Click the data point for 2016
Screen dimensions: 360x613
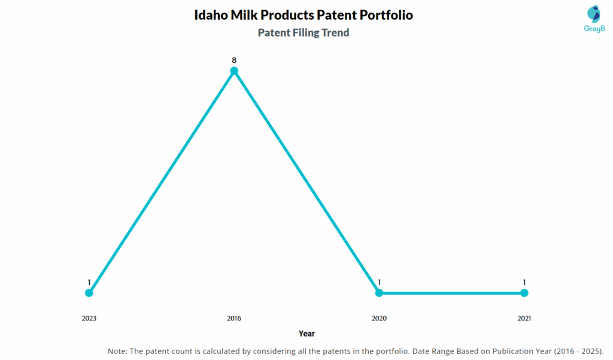click(234, 71)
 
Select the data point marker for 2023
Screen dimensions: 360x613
click(89, 293)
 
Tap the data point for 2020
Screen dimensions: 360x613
click(379, 293)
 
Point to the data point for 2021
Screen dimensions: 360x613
click(524, 293)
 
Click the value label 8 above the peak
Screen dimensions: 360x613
click(234, 60)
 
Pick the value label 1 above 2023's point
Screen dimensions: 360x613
click(89, 282)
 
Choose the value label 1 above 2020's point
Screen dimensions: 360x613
click(379, 282)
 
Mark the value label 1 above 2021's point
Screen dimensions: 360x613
click(524, 282)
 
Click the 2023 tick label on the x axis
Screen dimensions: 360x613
click(89, 319)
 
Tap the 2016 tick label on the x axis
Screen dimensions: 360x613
click(234, 319)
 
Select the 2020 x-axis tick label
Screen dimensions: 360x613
click(379, 319)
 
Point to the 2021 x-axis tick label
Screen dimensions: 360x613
click(524, 319)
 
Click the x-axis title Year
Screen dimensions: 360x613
click(306, 334)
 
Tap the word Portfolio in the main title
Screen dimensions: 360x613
click(385, 15)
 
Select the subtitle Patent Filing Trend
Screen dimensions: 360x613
click(304, 33)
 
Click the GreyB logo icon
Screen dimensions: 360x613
click(593, 14)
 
